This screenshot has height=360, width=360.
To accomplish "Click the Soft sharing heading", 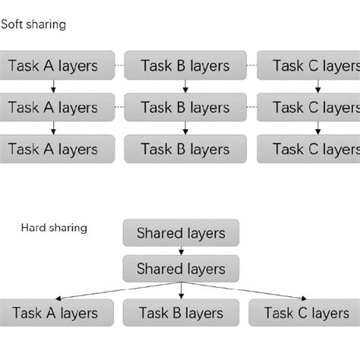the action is point(33,25).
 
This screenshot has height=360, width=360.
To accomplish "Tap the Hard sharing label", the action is point(54,228).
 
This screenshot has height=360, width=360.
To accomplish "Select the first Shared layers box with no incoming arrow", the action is point(181,232).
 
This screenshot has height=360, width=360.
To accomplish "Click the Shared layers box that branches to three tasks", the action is point(181,269).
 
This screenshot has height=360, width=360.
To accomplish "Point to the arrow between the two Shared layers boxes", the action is point(181,251).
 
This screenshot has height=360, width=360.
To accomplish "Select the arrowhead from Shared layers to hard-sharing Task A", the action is point(58,298).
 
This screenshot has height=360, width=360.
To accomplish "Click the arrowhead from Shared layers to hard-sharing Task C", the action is point(304,298).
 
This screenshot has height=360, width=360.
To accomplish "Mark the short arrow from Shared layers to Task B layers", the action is point(181,291).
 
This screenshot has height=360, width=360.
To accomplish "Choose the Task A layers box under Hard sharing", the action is point(56,313).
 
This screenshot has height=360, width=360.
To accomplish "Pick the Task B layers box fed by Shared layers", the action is point(181,313).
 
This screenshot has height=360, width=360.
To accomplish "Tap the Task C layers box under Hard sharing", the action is point(305,313).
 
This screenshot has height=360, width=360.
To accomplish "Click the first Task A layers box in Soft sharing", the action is point(57,65).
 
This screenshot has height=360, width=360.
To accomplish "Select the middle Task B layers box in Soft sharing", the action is point(185,107).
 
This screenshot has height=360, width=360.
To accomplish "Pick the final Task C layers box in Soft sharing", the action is point(308,149).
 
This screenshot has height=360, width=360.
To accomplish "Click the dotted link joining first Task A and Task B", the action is point(119,65).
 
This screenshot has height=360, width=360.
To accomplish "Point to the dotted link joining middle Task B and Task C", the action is point(251,107).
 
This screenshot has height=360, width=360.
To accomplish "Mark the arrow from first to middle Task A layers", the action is point(53,87).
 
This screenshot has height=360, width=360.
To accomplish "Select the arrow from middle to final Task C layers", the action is point(318,128).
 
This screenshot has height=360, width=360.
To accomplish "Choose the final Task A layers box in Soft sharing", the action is point(57,149).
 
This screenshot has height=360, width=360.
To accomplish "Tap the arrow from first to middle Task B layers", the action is point(185,87).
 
